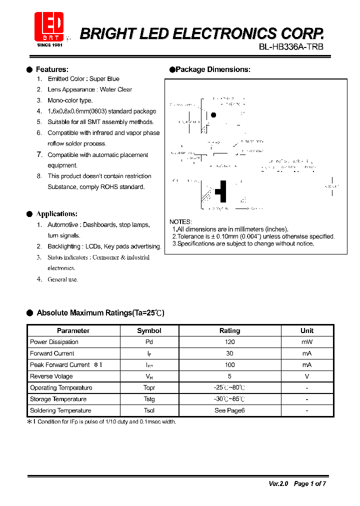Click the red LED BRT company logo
point(48,27)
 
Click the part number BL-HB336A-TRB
point(291,47)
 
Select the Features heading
point(52,69)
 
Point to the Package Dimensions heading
point(212,69)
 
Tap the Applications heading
point(56,214)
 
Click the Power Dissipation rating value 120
point(230,342)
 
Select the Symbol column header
point(149,330)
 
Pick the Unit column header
point(307,330)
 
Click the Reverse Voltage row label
point(51,376)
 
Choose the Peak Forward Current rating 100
point(230,365)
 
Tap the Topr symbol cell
point(149,388)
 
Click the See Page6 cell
point(230,410)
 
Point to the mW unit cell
point(307,342)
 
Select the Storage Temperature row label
point(58,399)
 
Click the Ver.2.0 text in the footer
point(278,483)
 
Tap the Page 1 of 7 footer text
point(310,483)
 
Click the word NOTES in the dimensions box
point(180,221)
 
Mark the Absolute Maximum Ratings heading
point(100,313)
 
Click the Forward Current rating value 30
point(230,353)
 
